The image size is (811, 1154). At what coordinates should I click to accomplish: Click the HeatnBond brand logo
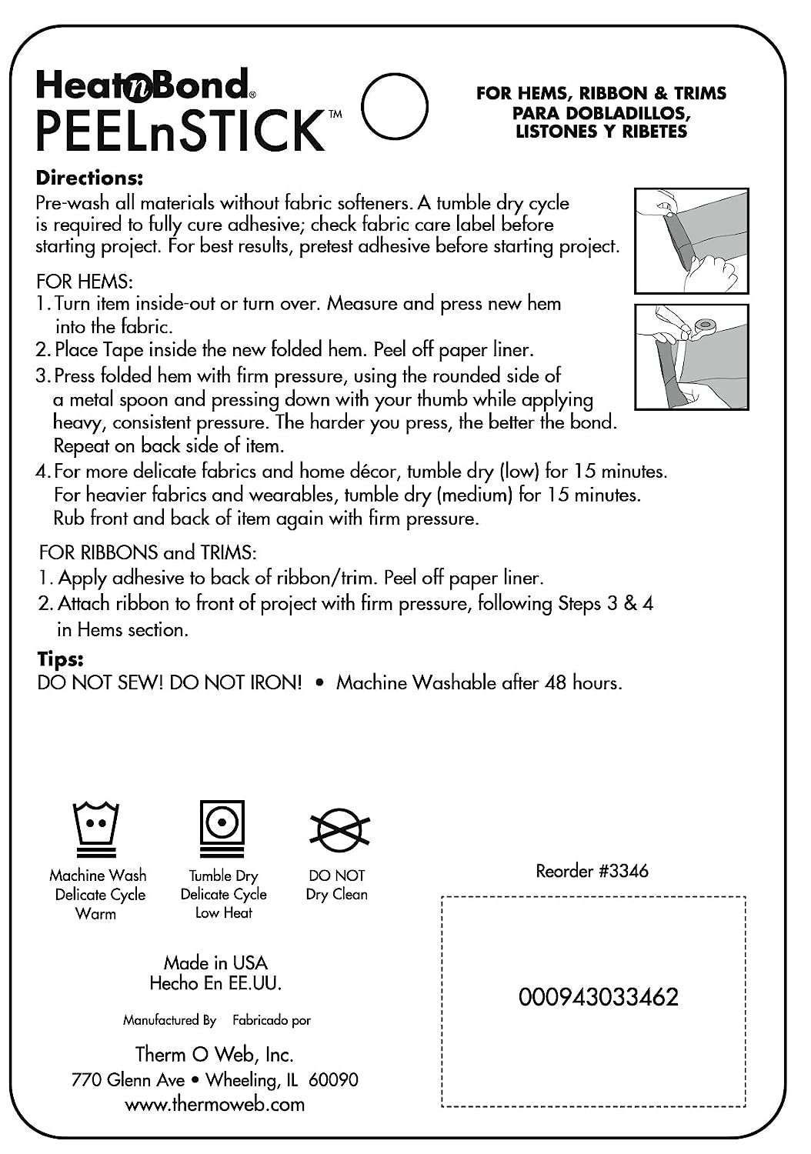coord(142,85)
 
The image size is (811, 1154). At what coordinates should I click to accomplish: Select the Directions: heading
coord(89,178)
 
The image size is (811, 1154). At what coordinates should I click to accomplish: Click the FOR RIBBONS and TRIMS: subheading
coord(147,552)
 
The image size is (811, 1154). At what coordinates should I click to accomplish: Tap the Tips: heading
coord(60,659)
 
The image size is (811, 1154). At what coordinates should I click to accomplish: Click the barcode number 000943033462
coord(598,997)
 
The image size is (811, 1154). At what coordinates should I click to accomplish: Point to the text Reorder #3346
coord(592,870)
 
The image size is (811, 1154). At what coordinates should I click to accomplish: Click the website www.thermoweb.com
coord(214,1104)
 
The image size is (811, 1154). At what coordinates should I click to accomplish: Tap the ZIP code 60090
coord(333,1079)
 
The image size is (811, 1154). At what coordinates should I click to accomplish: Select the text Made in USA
coord(215,962)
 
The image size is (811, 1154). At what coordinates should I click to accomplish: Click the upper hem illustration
coord(691,241)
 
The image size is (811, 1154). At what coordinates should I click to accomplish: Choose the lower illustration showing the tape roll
coord(691,356)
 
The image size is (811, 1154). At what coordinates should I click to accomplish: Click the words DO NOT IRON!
coord(235,682)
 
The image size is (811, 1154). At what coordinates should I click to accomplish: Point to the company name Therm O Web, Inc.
coord(214,1054)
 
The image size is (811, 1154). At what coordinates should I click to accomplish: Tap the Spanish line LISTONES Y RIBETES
coord(601,131)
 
